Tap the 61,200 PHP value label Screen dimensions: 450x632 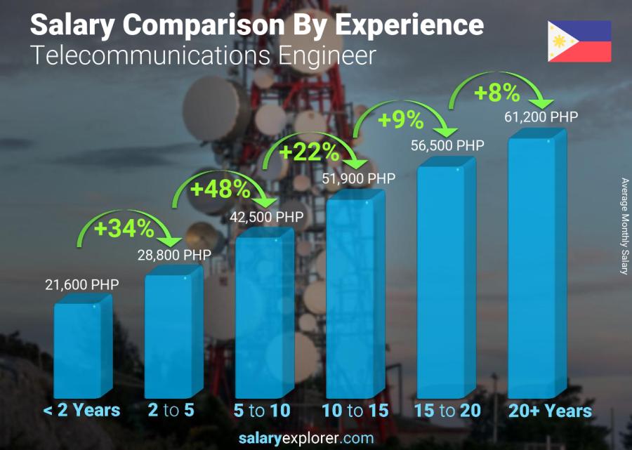pos(541,117)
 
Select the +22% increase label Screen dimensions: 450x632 pos(310,152)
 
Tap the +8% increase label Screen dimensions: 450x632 pos(497,93)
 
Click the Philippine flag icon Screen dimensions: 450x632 pos(579,41)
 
